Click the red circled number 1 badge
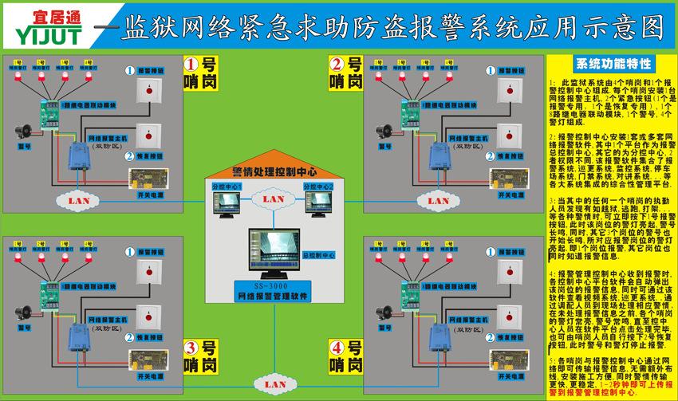191,65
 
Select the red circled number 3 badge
191,348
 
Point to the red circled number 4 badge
337,348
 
